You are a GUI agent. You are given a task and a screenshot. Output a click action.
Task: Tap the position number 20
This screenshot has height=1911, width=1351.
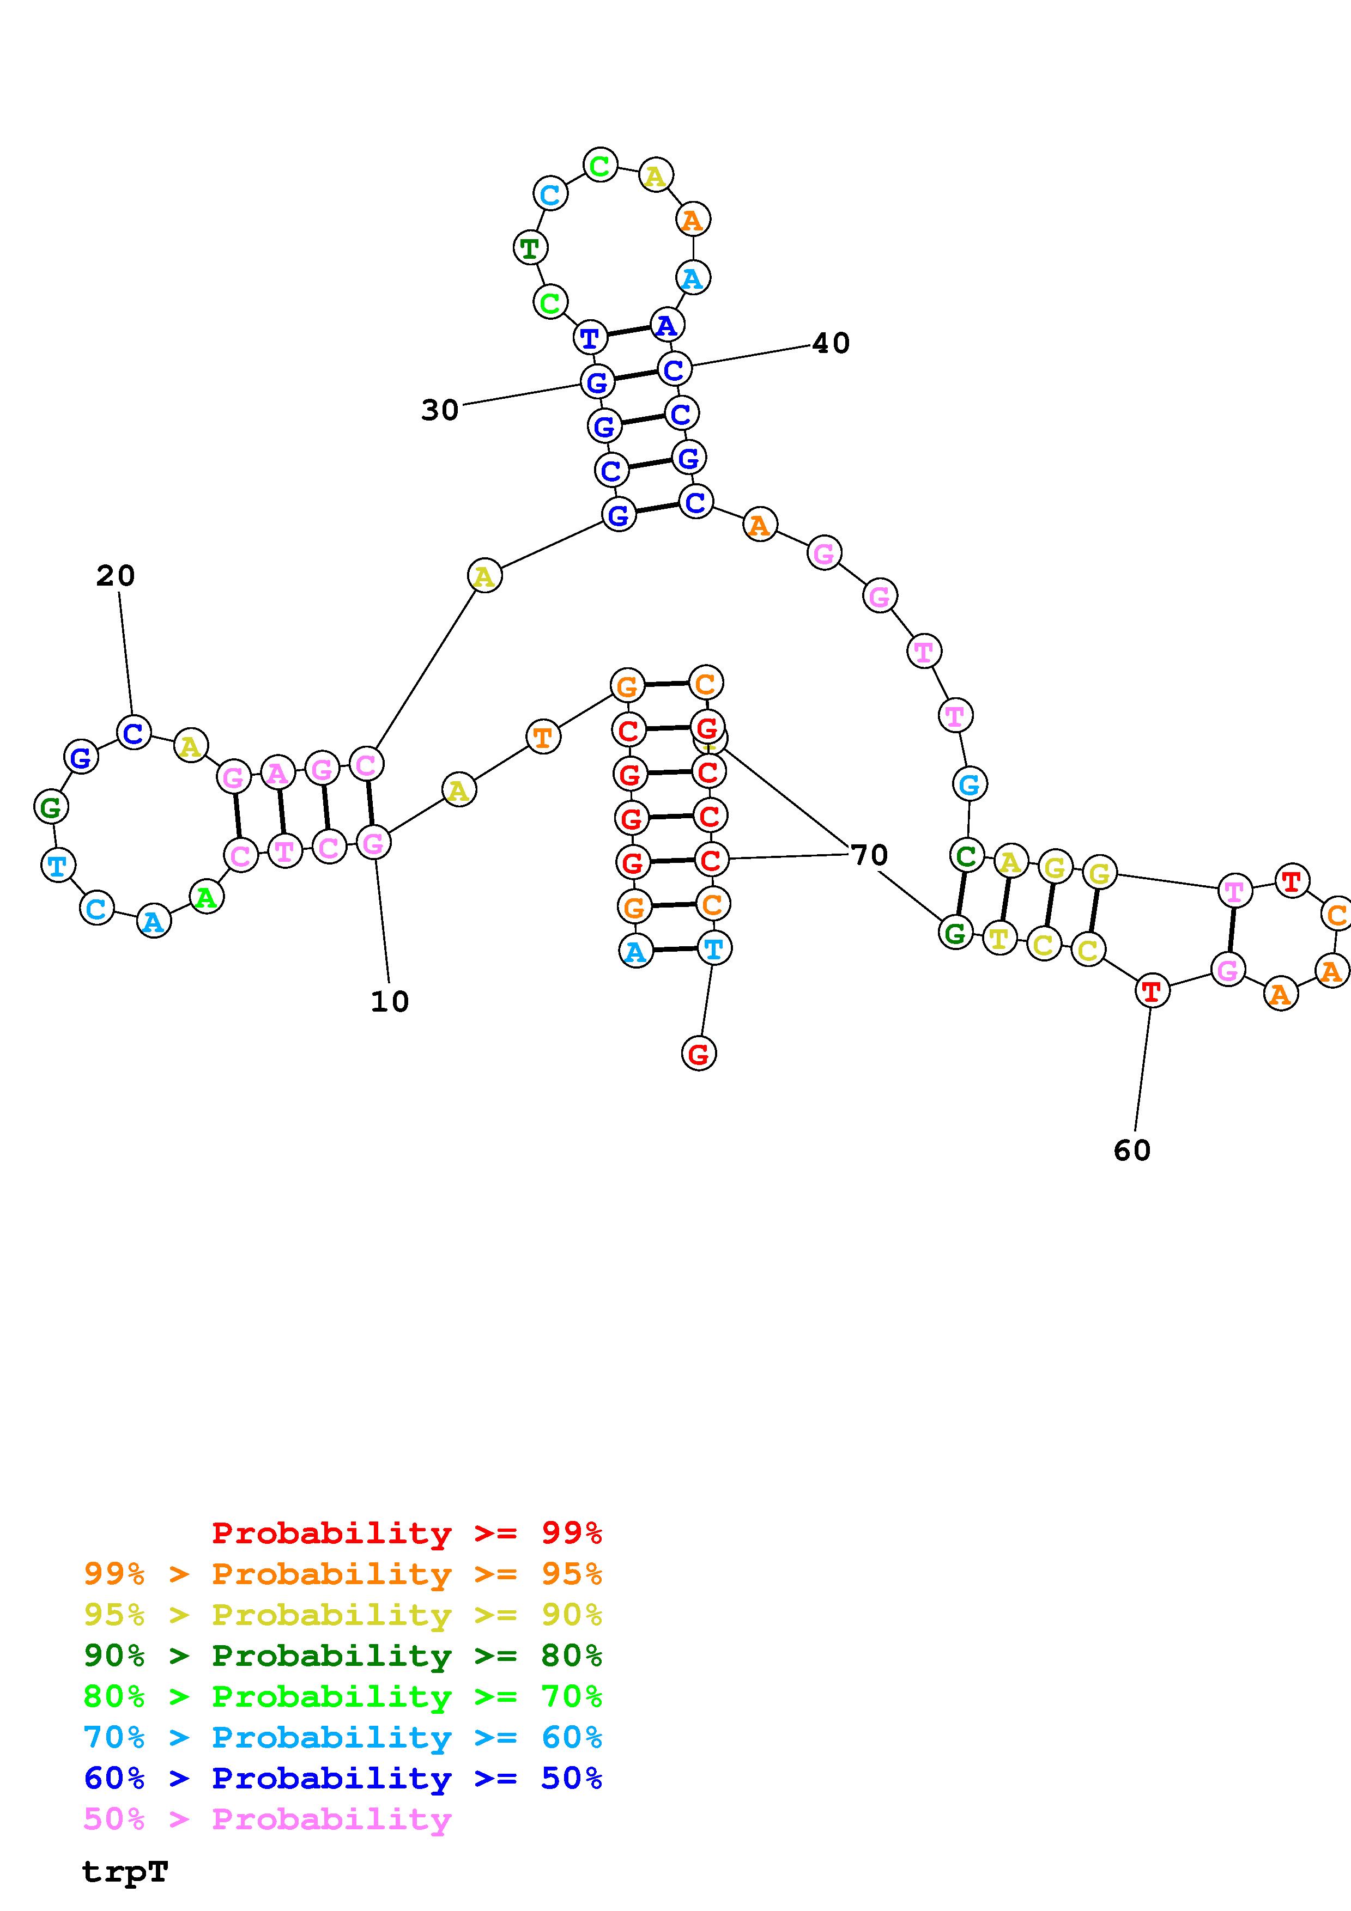(115, 575)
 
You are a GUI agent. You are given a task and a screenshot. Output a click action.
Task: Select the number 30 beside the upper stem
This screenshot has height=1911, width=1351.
(439, 410)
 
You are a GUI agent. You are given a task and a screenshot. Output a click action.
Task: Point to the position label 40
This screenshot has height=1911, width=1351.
(830, 343)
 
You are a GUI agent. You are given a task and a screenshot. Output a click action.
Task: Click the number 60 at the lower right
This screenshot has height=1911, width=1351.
(1131, 1151)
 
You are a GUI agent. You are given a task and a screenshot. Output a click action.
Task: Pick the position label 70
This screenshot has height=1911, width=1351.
(869, 855)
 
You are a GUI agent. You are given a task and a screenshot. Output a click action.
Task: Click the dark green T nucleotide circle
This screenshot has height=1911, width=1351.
(529, 248)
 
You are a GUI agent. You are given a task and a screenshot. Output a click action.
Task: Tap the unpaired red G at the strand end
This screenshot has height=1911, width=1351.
(699, 1054)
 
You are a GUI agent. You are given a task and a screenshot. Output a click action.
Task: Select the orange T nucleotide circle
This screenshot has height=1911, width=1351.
(543, 737)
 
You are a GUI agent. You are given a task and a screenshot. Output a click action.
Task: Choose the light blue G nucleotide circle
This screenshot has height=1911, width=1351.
(969, 783)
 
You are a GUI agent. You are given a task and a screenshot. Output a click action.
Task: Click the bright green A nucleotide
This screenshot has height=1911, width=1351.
(207, 897)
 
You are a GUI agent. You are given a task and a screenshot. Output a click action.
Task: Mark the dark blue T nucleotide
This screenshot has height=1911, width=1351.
(589, 338)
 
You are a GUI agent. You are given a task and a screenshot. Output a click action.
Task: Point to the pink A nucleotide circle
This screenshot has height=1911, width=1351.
(277, 773)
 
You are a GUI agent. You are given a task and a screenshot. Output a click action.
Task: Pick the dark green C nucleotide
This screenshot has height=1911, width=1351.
(966, 855)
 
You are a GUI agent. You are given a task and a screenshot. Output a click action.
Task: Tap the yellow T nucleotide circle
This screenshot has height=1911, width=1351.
(999, 938)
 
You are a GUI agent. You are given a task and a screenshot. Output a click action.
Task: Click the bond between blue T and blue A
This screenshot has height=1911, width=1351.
(628, 331)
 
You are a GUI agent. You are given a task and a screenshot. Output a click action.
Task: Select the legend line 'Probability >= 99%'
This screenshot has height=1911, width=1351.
(406, 1532)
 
